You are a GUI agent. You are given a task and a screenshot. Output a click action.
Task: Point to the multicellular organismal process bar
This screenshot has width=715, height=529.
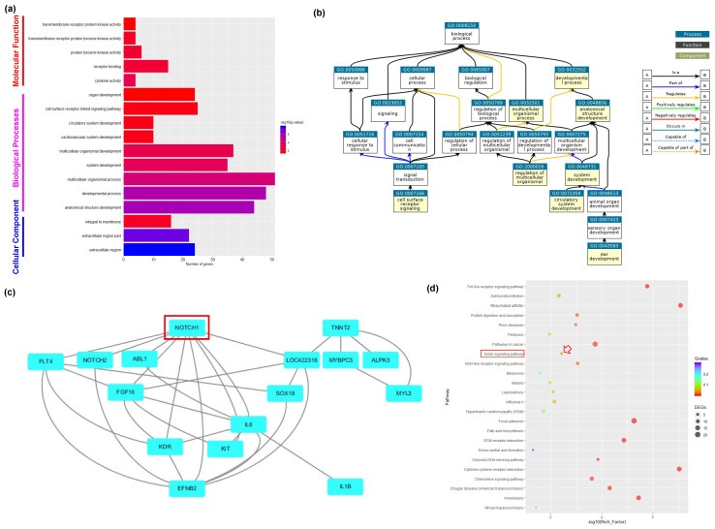point(200,179)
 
